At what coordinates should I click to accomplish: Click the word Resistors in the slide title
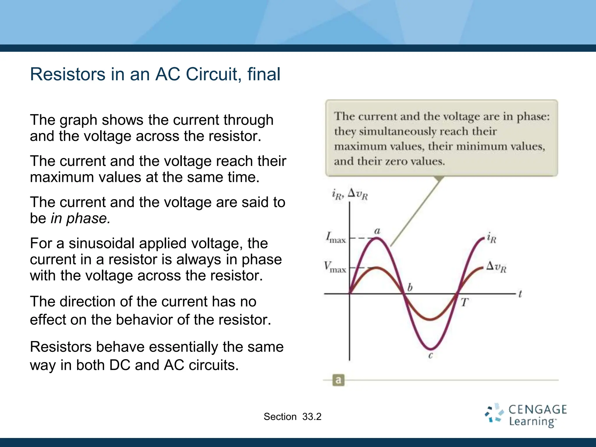click(x=68, y=74)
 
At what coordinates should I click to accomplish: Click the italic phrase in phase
click(x=81, y=218)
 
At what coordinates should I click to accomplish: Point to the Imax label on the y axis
click(x=336, y=237)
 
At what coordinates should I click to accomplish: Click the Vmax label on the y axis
click(x=335, y=267)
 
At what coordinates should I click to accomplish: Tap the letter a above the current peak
click(x=377, y=231)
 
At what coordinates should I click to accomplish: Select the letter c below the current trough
click(x=431, y=355)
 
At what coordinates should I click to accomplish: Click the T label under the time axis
click(x=464, y=302)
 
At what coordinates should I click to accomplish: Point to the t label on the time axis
click(x=520, y=294)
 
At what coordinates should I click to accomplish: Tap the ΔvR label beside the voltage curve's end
click(x=496, y=267)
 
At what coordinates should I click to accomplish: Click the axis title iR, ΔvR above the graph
click(x=350, y=194)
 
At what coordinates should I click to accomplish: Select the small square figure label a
click(x=338, y=380)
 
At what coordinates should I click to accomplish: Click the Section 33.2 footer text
click(x=292, y=417)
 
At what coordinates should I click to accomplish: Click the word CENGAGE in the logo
click(x=538, y=409)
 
